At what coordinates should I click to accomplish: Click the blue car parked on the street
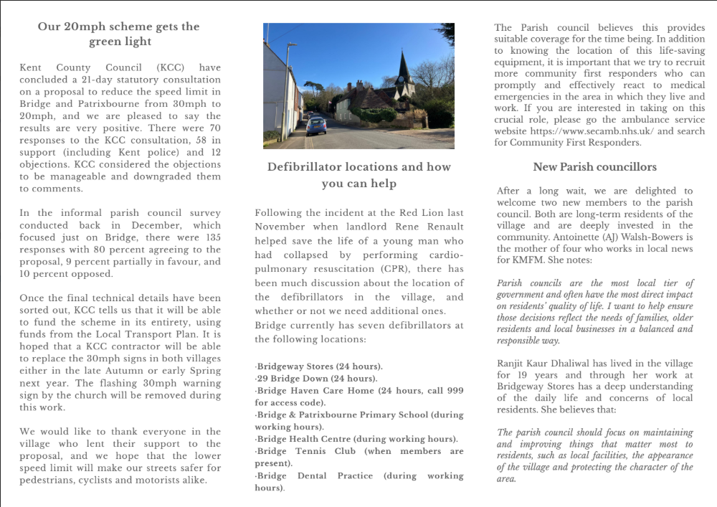(x=316, y=126)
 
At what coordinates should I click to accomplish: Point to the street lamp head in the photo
(x=291, y=45)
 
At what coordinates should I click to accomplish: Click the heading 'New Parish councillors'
(x=594, y=167)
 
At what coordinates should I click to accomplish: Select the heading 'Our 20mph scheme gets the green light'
(x=119, y=34)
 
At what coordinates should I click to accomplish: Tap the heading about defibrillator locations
(x=358, y=175)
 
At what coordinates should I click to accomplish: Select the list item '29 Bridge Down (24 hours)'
(x=316, y=379)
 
